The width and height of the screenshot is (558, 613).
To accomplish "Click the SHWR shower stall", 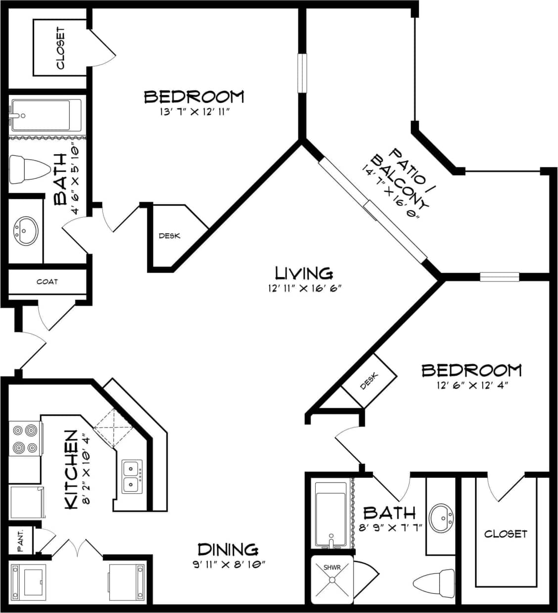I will pyautogui.click(x=332, y=579).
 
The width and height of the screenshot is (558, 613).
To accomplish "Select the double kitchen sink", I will pyautogui.click(x=132, y=476).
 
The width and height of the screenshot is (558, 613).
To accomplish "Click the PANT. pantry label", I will pyautogui.click(x=21, y=541).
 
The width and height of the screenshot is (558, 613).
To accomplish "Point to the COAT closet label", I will pyautogui.click(x=47, y=282).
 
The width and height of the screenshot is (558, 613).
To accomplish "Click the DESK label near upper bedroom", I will pyautogui.click(x=169, y=236).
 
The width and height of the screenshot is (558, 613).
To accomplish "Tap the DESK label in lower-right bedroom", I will pyautogui.click(x=369, y=380).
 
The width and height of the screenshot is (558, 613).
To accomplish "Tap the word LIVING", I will pyautogui.click(x=304, y=273).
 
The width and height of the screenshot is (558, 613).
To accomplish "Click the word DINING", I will pyautogui.click(x=228, y=549).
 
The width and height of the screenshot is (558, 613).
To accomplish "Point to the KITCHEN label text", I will pyautogui.click(x=71, y=469).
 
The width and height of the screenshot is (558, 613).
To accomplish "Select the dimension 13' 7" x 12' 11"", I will pyautogui.click(x=193, y=112).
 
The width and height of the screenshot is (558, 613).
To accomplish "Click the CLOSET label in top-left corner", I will pyautogui.click(x=60, y=48).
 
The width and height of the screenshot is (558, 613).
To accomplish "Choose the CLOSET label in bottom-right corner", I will pyautogui.click(x=506, y=534).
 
